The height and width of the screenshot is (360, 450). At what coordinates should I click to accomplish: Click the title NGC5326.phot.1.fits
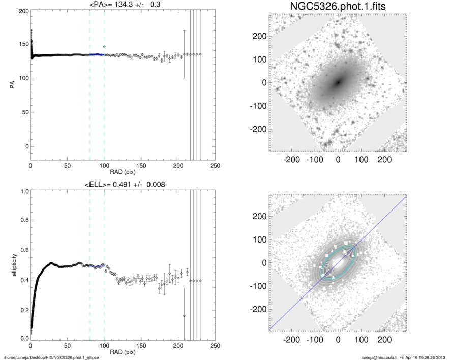pyautogui.click(x=338, y=7)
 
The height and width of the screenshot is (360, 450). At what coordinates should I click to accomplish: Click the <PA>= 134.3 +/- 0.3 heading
pyautogui.click(x=123, y=5)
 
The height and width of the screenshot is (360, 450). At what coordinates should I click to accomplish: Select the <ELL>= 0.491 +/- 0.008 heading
pyautogui.click(x=123, y=184)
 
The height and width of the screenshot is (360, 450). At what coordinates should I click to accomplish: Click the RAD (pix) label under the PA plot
pyautogui.click(x=123, y=173)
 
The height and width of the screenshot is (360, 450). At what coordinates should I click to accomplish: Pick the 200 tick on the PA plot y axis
pyautogui.click(x=23, y=11)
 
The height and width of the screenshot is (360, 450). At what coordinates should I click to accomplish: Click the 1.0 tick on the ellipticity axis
pyautogui.click(x=23, y=191)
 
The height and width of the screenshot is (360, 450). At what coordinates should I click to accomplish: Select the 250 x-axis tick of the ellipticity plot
pyautogui.click(x=215, y=346)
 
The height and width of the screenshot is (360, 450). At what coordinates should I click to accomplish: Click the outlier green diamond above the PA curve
pyautogui.click(x=104, y=47)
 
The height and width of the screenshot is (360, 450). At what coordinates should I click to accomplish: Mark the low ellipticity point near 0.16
pyautogui.click(x=184, y=316)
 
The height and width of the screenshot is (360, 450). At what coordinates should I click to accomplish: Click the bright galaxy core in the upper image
pyautogui.click(x=338, y=82)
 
